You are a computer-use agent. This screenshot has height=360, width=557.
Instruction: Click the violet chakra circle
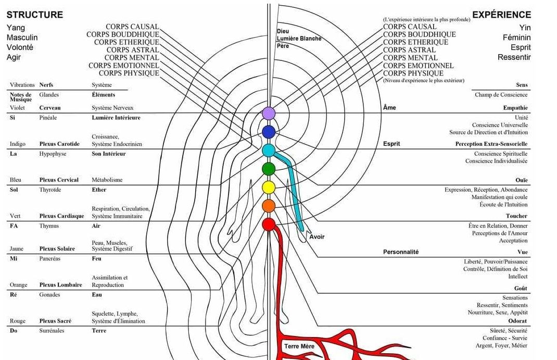coord(269,113)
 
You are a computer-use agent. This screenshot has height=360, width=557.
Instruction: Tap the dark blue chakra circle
coord(269,132)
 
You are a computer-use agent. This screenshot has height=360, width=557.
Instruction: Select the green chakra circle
coord(269,169)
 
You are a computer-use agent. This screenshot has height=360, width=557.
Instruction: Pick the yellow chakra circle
coord(269,187)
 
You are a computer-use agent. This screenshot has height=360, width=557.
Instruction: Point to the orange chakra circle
coord(269,206)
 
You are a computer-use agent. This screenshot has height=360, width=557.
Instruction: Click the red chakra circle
coord(269,225)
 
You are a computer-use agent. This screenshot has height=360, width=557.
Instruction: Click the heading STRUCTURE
coord(35,15)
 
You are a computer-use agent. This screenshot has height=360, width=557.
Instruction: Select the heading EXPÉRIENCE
coord(501,15)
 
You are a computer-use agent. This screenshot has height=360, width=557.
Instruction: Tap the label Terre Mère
coord(299,346)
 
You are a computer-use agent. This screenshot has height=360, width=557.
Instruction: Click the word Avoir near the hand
coord(317,237)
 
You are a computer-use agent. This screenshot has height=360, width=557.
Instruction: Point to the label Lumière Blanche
coord(299,39)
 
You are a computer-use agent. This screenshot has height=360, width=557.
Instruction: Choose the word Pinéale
coord(48,118)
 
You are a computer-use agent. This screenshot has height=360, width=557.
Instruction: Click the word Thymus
coord(49,226)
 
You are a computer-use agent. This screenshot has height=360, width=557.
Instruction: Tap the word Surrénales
coord(52,331)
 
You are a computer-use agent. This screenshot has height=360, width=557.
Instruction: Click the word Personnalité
coord(401,252)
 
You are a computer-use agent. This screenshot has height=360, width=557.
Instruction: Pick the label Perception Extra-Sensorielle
coord(491,144)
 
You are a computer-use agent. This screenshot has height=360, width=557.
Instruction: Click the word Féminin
coord(516,38)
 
